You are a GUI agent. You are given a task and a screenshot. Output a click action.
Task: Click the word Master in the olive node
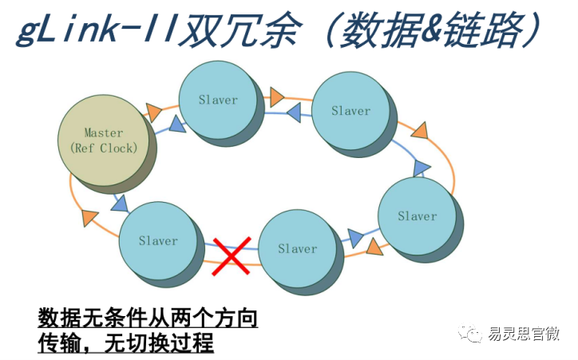coord(104,133)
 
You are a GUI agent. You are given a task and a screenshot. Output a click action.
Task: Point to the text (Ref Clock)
coord(104,148)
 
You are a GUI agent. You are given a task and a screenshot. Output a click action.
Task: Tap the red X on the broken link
coord(232,256)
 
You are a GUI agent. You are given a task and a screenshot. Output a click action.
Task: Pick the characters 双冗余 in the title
coord(240,30)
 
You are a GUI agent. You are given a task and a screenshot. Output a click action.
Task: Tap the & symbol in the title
coord(430,29)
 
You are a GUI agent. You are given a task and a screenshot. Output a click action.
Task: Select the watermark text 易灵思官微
coord(524,334)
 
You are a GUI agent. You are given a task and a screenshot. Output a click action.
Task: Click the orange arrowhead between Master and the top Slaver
coord(153,112)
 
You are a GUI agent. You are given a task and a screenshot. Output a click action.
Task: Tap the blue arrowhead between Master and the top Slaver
coord(178,125)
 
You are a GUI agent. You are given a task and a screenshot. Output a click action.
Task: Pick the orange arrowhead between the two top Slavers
coord(277,97)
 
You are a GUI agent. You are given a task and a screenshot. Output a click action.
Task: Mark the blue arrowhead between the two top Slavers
coord(294,113)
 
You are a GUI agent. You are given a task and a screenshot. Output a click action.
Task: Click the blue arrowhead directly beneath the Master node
coord(121,204)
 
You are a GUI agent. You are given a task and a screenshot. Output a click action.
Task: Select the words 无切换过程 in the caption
coord(159,343)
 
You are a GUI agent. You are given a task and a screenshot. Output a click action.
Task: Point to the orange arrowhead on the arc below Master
coord(89,217)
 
